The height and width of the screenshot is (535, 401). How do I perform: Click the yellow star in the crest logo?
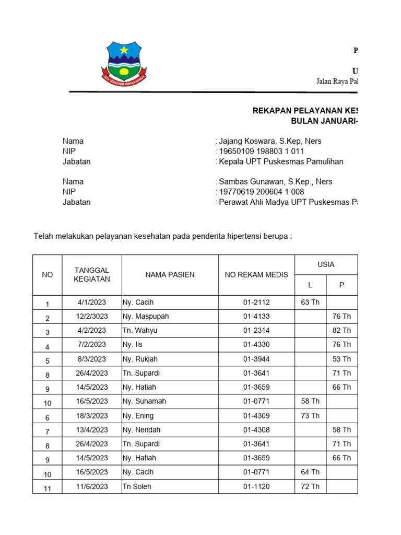pyautogui.click(x=124, y=50)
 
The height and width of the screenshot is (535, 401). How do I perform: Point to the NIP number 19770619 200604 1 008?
pyautogui.click(x=261, y=192)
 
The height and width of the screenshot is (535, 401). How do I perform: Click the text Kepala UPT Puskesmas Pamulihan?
pyautogui.click(x=281, y=161)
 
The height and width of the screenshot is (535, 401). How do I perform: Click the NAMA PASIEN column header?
pyautogui.click(x=170, y=275)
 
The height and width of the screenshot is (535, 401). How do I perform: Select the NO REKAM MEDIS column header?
pyautogui.click(x=256, y=275)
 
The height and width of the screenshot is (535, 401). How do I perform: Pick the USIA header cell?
pyautogui.click(x=326, y=265)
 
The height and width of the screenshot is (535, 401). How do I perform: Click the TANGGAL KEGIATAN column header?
pyautogui.click(x=92, y=275)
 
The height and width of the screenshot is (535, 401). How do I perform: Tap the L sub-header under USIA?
pyautogui.click(x=310, y=285)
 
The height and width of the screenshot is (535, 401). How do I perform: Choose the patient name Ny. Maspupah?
pyautogui.click(x=146, y=317)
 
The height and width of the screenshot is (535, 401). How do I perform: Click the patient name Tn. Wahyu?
pyautogui.click(x=140, y=331)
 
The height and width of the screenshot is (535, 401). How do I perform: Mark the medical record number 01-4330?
pyautogui.click(x=256, y=345)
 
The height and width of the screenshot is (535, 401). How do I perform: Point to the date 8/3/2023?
pyautogui.click(x=92, y=359)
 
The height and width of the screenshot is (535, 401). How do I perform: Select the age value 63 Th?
pyautogui.click(x=310, y=302)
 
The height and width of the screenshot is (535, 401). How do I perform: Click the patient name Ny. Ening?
pyautogui.click(x=138, y=416)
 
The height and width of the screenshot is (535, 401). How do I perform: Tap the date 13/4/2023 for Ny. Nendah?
pyautogui.click(x=92, y=430)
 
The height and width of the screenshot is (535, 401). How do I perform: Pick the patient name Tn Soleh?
pyautogui.click(x=138, y=486)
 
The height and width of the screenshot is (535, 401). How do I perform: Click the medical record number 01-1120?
pyautogui.click(x=256, y=486)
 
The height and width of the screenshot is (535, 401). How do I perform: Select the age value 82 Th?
pyautogui.click(x=341, y=331)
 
